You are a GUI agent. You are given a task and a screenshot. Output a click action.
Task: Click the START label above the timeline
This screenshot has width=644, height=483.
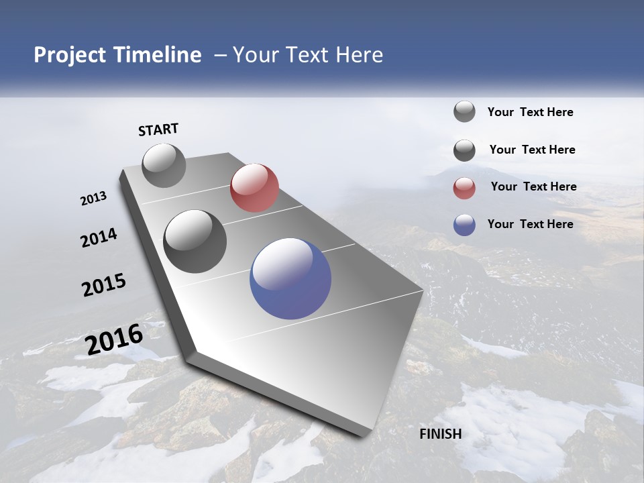(x=158, y=129)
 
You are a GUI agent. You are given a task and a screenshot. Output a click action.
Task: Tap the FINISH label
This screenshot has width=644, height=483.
(x=440, y=434)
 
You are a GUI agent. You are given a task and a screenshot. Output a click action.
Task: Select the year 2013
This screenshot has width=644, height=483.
(x=93, y=199)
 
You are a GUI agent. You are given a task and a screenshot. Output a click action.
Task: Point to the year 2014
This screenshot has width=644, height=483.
(x=99, y=238)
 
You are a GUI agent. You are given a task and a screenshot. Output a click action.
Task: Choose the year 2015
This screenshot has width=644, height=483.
(x=104, y=284)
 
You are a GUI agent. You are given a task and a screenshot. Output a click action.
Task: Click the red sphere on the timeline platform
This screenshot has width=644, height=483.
(x=254, y=188)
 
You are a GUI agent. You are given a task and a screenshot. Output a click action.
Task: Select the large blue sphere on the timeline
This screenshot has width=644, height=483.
(x=290, y=278)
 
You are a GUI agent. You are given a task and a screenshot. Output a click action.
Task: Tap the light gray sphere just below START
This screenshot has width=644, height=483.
(x=164, y=165)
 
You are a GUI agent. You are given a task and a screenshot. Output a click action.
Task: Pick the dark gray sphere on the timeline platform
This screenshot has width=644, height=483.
(x=195, y=241)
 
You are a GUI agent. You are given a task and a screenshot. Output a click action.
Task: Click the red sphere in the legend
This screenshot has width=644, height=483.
(x=464, y=188)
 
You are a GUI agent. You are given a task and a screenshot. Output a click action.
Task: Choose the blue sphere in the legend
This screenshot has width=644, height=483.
(x=464, y=225)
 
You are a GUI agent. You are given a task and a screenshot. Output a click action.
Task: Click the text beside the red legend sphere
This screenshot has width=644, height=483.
(x=533, y=186)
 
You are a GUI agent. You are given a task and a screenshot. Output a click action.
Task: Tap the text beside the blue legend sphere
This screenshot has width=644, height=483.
(x=530, y=224)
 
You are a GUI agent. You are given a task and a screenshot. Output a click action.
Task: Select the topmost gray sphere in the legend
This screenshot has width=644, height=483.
(x=464, y=111)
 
